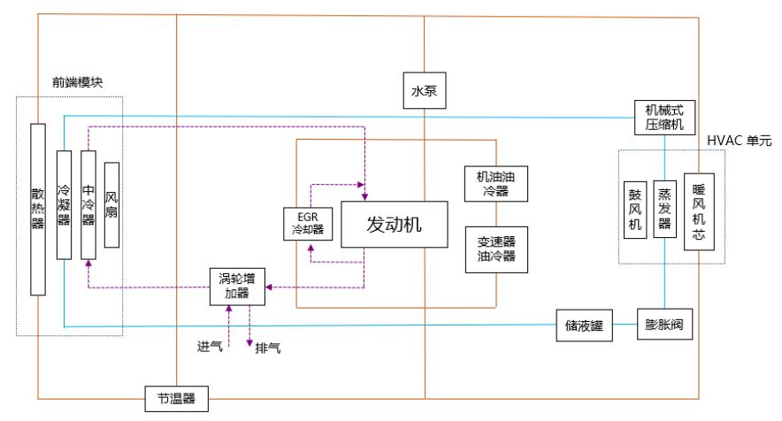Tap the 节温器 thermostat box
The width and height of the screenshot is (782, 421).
click(177, 400)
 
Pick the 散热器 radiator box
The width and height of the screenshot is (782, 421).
click(37, 209)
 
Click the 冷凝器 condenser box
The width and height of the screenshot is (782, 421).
click(63, 204)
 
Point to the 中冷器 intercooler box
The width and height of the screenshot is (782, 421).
click(88, 204)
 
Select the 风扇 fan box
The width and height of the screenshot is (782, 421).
click(111, 204)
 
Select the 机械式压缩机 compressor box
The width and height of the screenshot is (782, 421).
click(658, 117)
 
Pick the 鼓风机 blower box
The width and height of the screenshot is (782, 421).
click(635, 209)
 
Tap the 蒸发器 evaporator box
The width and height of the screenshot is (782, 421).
click(663, 209)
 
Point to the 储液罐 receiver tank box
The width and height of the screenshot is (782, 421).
click(584, 325)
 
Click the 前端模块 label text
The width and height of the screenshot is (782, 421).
click(77, 82)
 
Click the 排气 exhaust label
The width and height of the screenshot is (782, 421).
click(269, 348)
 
